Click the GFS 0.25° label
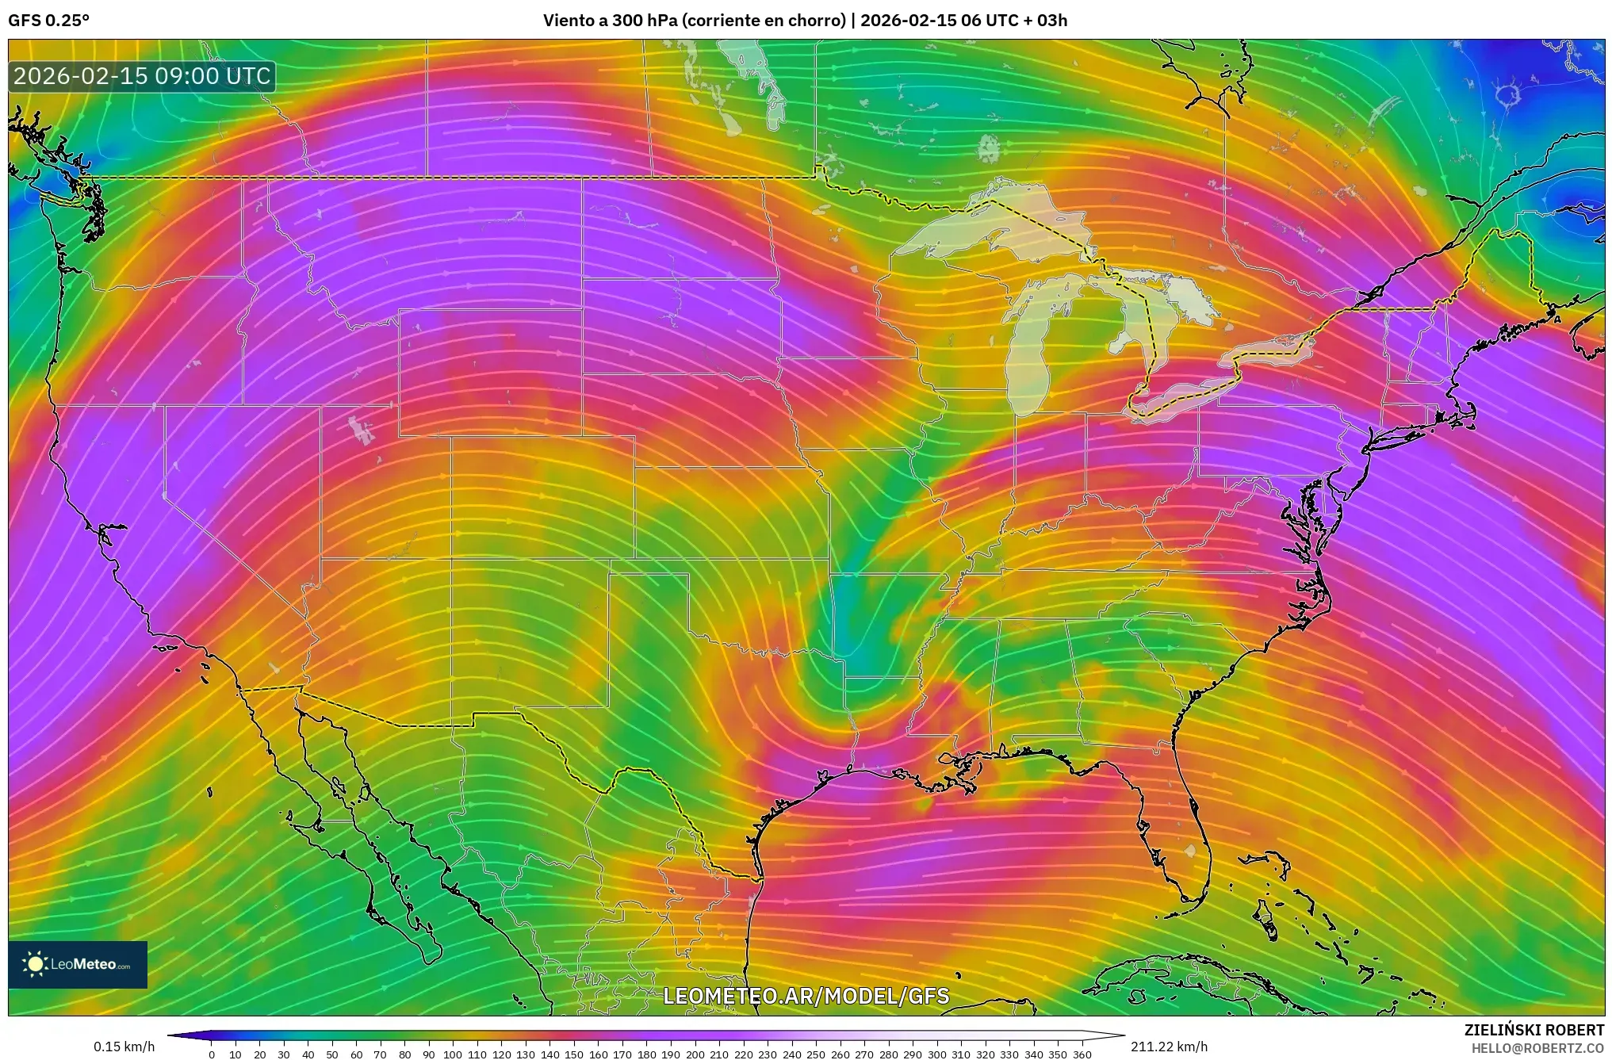(48, 21)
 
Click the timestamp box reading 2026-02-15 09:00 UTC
(142, 76)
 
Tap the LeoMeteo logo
(78, 964)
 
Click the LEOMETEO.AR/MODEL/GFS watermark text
(806, 996)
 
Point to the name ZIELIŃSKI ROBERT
(1534, 1030)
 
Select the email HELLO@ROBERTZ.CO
(1537, 1048)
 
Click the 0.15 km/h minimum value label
(124, 1047)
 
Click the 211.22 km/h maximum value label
(1169, 1047)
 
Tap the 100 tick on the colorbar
(453, 1054)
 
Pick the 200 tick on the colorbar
(695, 1054)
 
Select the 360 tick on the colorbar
(1082, 1054)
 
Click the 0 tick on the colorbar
(212, 1054)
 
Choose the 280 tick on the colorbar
(888, 1054)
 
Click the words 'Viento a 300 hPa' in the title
(611, 21)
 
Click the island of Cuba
(1174, 983)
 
